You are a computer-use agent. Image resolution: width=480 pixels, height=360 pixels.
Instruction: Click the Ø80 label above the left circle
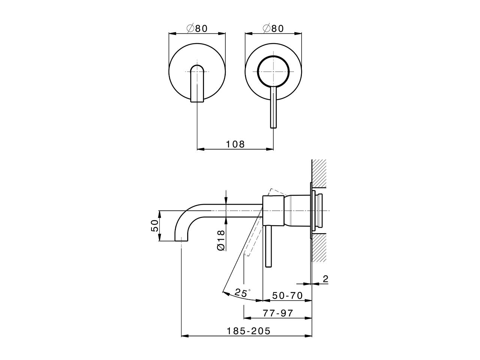[x=196, y=28]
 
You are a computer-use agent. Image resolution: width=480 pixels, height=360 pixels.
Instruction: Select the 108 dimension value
[x=235, y=144]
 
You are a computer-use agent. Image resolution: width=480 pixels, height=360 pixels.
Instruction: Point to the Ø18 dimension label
[x=220, y=240]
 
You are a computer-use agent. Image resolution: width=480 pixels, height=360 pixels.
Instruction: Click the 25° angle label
[x=242, y=292]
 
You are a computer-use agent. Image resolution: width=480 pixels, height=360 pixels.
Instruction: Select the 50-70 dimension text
[x=287, y=295]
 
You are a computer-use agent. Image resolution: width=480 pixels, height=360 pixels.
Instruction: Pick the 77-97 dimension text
[x=277, y=313]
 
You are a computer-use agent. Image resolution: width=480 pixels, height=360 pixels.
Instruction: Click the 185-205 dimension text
[x=248, y=331]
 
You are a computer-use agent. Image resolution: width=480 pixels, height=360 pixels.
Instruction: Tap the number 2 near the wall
[x=325, y=279]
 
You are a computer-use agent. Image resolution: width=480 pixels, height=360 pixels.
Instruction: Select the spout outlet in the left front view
[x=197, y=84]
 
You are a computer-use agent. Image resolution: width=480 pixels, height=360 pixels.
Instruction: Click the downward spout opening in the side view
[x=181, y=239]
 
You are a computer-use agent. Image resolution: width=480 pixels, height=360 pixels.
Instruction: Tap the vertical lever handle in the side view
[x=268, y=247]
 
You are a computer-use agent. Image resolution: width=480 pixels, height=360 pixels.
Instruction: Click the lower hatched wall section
[x=319, y=247]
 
